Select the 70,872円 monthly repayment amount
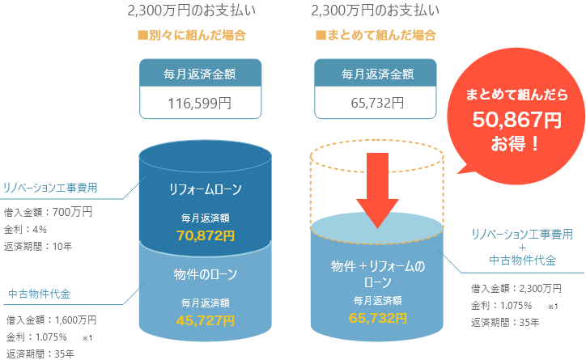pos(206,235)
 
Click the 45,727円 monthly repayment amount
pos(206,320)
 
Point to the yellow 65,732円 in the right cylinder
pos(377,317)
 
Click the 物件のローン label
pos(206,274)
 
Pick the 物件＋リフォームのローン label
pos(377,274)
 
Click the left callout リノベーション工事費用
pos(50,188)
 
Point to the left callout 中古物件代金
pos(40,293)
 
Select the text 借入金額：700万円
pos(49,213)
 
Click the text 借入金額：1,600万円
pos(51,320)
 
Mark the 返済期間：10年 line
pos(38,246)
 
